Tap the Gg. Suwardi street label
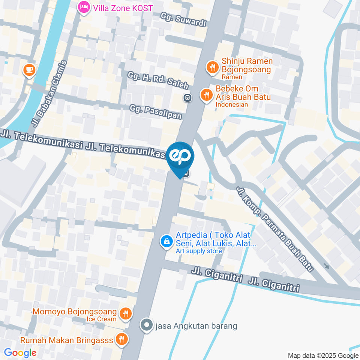(x=183, y=19)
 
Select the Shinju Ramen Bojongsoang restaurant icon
(x=213, y=67)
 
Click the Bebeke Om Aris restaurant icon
(x=206, y=94)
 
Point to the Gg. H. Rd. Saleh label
(x=158, y=80)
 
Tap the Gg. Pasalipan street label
(x=156, y=112)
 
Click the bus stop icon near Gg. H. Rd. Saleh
(x=187, y=98)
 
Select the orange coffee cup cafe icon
(x=29, y=70)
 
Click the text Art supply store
(x=199, y=251)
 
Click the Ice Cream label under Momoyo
(x=102, y=319)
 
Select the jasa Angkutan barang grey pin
(x=147, y=325)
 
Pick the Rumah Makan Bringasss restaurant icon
(x=121, y=340)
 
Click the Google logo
(x=20, y=352)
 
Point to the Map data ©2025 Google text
(x=323, y=355)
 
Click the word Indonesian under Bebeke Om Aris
(x=232, y=105)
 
